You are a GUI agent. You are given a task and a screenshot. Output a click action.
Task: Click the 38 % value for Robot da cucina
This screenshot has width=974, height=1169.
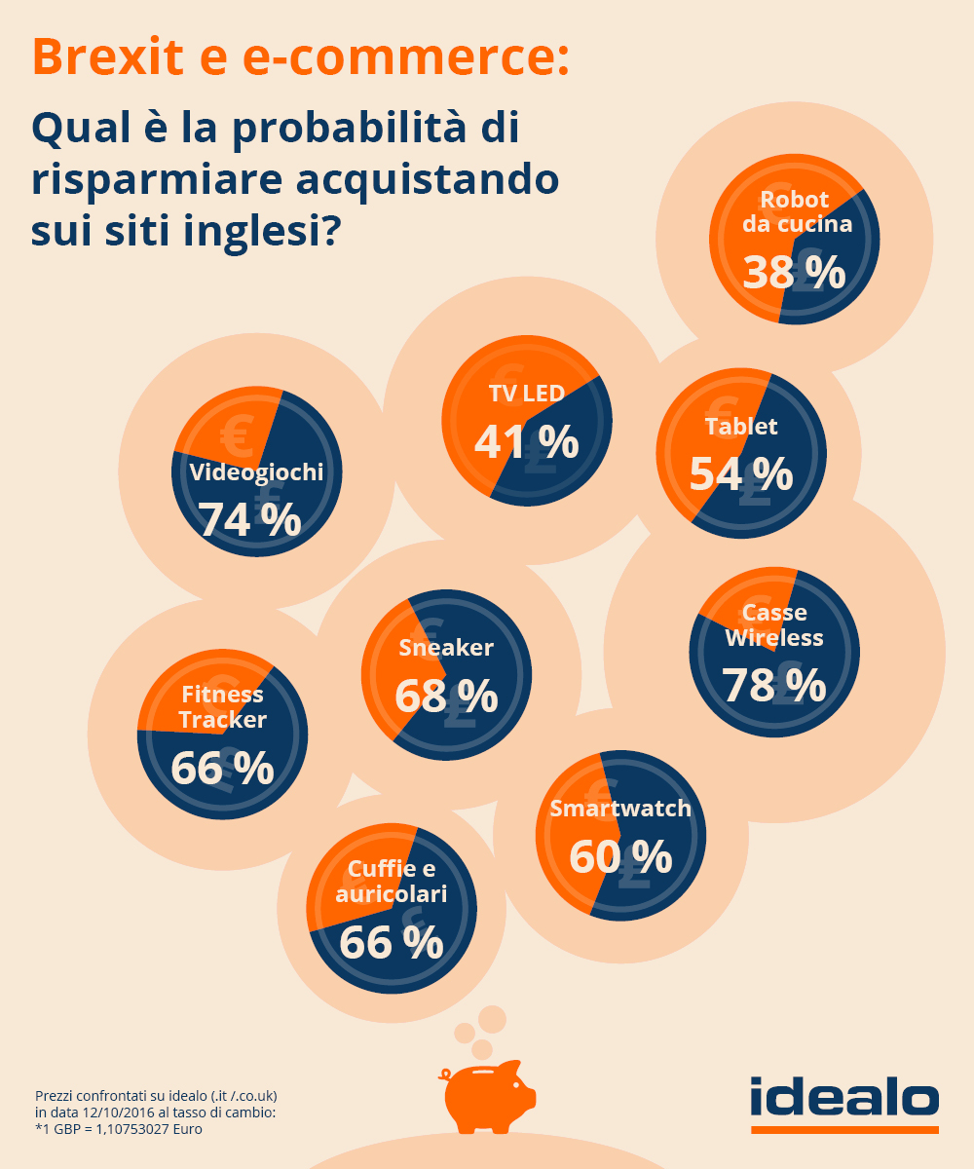coord(794,273)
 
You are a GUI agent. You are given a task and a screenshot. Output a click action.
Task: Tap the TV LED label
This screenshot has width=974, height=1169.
coord(526,394)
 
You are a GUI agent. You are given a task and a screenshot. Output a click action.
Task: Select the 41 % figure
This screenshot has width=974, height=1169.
coord(526,443)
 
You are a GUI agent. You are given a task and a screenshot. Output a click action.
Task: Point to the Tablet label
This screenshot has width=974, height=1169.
coord(741,426)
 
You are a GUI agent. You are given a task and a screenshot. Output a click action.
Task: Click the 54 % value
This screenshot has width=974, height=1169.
coord(741,474)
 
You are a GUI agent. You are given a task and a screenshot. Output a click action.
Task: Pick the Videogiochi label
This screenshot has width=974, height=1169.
coord(256,472)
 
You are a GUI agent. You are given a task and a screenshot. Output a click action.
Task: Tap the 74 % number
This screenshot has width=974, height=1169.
coord(250,520)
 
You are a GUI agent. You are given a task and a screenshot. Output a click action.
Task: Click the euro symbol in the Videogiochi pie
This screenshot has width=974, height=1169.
coord(237,433)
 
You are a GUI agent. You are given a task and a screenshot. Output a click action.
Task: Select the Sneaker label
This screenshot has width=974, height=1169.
coord(446,648)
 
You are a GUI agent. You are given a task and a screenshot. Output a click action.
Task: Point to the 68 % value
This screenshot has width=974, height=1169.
coord(446,697)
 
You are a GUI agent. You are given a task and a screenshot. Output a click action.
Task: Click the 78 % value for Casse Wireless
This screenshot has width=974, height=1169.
coord(774,685)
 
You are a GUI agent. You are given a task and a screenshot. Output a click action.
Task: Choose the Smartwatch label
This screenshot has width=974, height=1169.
coord(620,809)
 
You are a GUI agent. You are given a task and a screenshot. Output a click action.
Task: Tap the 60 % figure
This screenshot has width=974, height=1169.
coord(620,857)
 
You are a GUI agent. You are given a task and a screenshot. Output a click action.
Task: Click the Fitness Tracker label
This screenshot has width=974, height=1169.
coord(222,707)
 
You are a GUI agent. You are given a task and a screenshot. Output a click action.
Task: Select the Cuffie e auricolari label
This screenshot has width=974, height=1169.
coord(391,881)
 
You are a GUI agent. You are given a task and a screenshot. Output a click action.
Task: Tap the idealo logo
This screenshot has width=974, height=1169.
coord(844,1099)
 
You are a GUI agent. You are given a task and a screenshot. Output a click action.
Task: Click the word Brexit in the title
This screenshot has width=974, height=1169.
coord(108,57)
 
